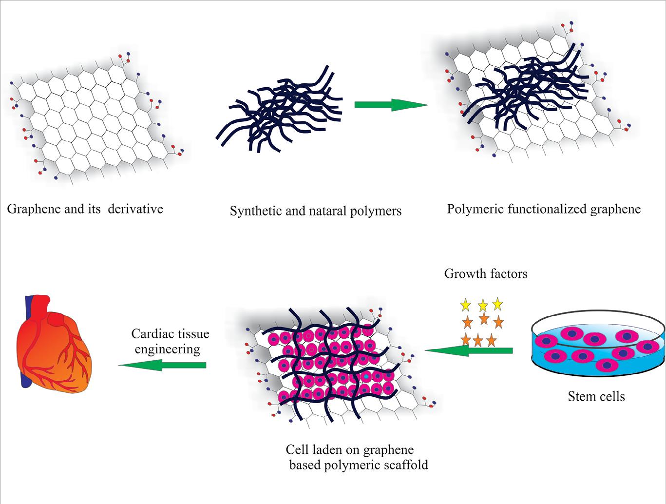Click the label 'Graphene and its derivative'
coord(85,209)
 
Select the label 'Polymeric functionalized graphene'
coord(544,209)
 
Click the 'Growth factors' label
coord(485,273)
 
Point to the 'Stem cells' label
coord(596,396)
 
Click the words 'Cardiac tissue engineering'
coord(170,341)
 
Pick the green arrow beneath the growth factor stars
coord(468,350)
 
